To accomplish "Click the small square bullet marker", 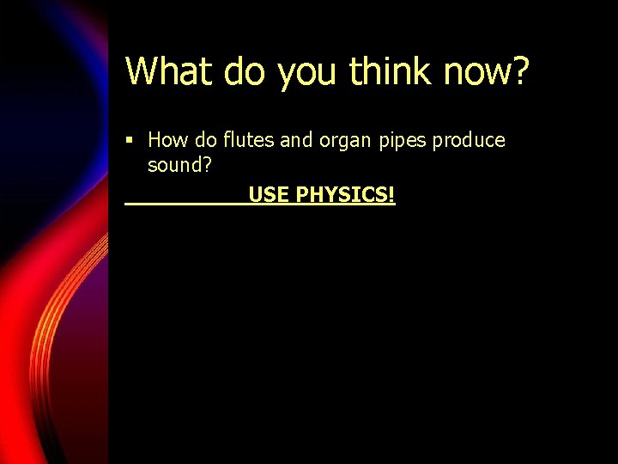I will [129, 140].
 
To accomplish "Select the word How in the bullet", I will [166, 140].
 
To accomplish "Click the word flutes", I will [249, 140].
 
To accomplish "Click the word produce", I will [469, 142].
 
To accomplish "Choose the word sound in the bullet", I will [174, 164].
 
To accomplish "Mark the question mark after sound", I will [206, 164].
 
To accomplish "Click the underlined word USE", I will [269, 195].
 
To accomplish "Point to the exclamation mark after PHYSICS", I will [391, 195].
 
